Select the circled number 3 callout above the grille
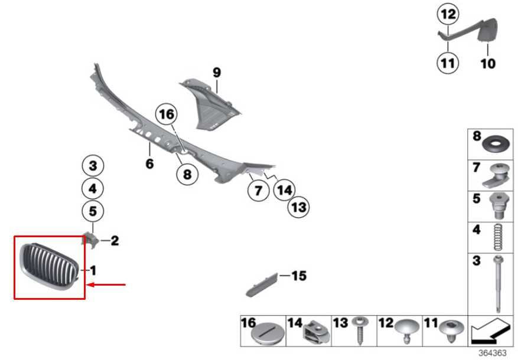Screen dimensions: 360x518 coord(93,166)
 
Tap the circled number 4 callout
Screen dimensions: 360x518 coord(93,189)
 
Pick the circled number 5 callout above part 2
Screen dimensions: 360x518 coord(93,210)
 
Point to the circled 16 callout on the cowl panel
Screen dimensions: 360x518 coord(166,113)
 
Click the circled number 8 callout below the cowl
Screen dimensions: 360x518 coord(187,175)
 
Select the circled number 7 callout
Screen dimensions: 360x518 coord(258,191)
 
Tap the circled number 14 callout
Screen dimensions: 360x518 coord(285,190)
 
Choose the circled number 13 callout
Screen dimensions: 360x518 coord(299,207)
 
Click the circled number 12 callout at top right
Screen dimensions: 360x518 coord(448,14)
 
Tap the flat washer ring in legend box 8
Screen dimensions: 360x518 coord(496,145)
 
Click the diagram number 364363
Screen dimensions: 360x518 coord(492,353)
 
